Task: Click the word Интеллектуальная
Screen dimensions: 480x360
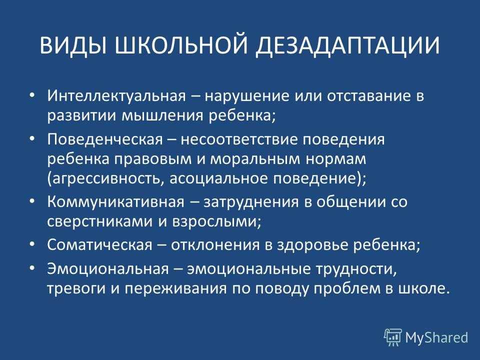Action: tap(116, 96)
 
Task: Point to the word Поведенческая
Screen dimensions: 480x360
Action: tap(105, 139)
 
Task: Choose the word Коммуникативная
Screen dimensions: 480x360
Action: tap(116, 202)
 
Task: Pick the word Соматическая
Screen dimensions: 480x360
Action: tap(99, 245)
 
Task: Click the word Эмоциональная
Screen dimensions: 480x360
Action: tap(108, 269)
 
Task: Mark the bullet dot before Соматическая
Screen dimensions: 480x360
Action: tap(32, 244)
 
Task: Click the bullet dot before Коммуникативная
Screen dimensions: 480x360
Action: tap(32, 201)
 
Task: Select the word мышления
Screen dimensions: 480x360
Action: tap(162, 116)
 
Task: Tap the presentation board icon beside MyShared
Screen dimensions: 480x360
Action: tap(393, 337)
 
